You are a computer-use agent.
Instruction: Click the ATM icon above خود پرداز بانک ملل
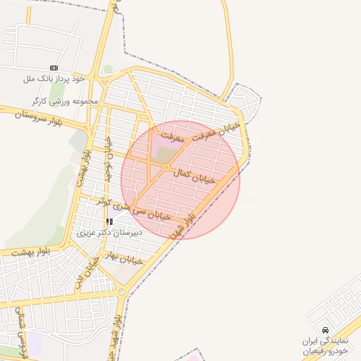coord(54,68)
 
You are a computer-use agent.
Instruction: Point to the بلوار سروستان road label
coord(30,118)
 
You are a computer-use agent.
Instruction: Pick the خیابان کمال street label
coord(188,171)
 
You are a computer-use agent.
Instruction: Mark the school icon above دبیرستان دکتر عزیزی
coord(109,221)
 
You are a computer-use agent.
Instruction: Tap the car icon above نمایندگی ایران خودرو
coord(324,330)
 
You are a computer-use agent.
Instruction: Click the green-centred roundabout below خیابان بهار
coord(122,291)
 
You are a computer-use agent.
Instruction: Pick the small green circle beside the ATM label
coord(107,69)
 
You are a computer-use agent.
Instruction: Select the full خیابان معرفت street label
coord(201,130)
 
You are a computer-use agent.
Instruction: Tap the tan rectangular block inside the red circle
coord(167,154)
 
